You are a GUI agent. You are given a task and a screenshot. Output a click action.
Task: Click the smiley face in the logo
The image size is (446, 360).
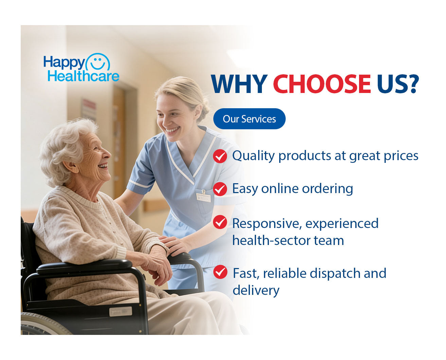click(98, 62)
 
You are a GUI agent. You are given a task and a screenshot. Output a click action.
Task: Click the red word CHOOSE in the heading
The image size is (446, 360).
click(322, 84)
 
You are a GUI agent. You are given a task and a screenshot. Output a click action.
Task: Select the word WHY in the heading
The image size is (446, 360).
click(239, 84)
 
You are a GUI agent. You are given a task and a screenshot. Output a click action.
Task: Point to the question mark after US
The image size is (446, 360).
click(413, 84)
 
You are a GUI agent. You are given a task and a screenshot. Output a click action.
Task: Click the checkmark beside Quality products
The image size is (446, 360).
click(220, 156)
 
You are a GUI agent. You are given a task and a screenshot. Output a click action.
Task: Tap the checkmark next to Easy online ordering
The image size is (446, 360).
click(220, 189)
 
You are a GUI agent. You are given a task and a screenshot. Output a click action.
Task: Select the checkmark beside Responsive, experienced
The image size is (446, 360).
click(220, 222)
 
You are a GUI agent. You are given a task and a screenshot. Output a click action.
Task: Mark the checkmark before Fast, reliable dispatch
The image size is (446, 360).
click(220, 272)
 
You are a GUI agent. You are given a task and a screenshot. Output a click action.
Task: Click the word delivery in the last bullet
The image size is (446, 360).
click(256, 291)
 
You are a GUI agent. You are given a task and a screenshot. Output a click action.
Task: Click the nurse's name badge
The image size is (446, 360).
click(203, 197)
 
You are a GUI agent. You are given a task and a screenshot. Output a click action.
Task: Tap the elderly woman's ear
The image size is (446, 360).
click(71, 166)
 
